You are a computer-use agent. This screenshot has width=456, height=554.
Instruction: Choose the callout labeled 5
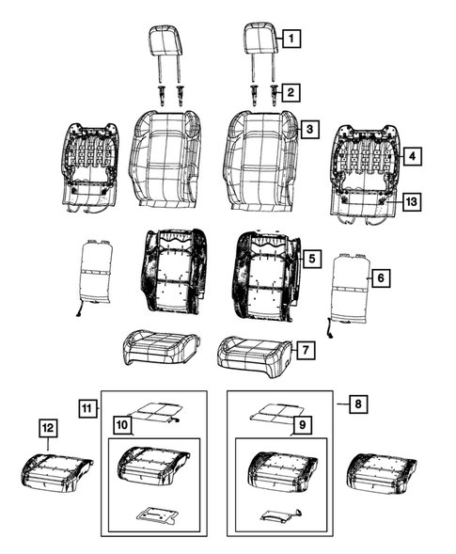point(311,257)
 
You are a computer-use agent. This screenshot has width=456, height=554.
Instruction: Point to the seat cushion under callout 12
point(56,470)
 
